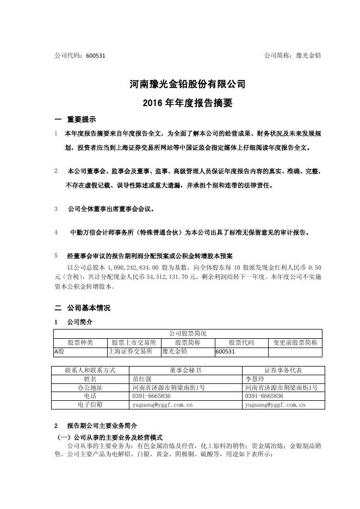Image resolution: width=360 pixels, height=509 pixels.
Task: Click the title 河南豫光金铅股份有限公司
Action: [x=179, y=85]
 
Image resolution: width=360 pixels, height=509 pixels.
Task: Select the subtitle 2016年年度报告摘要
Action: [x=179, y=103]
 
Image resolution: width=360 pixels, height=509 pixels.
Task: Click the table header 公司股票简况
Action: [x=188, y=333]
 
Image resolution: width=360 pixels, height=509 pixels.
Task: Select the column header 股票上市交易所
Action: [x=134, y=343]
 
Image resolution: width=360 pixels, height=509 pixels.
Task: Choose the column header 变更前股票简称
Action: [x=295, y=343]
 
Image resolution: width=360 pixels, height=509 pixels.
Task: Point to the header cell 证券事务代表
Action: [x=282, y=370]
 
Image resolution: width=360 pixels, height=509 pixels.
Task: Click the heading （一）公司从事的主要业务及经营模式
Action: [x=110, y=437]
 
